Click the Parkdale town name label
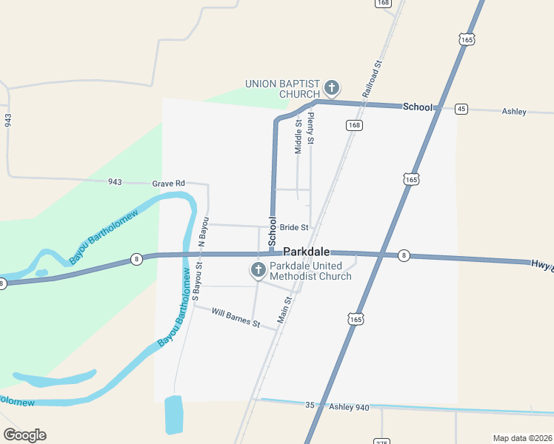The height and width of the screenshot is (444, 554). pos(306,252)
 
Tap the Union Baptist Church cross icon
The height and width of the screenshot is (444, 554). pos(331,89)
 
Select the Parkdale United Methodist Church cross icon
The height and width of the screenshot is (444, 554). pos(258,270)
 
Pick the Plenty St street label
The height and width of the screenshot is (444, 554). pos(311,128)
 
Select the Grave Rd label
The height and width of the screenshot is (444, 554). pos(168,184)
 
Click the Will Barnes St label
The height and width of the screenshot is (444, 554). pos(236,318)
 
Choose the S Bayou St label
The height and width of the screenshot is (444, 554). pos(197,279)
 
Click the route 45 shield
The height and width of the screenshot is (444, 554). pos(461,109)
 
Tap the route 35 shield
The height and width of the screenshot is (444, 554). pos(310,405)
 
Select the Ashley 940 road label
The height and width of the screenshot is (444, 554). pos(349,407)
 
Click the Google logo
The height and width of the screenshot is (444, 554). pos(24,435)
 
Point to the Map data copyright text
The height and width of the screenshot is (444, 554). pos(521,437)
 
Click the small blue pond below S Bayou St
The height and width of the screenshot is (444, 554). pos(173,414)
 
